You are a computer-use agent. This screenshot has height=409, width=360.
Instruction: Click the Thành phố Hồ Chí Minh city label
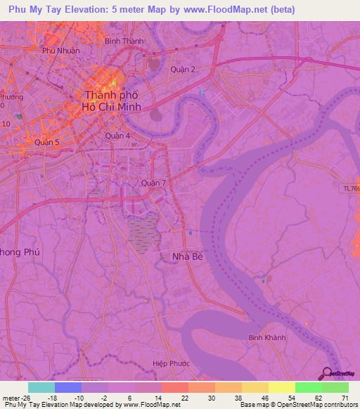click(112, 100)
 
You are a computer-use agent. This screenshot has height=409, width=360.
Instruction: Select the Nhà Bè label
click(188, 257)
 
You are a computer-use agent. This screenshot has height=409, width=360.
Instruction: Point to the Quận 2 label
click(183, 69)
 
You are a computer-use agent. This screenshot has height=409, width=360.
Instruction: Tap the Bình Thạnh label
click(124, 41)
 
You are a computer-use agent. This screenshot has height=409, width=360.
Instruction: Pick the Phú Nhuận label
click(61, 51)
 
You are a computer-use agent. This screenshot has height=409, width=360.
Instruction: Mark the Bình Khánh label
click(267, 338)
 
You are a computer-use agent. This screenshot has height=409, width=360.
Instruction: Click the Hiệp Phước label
click(168, 363)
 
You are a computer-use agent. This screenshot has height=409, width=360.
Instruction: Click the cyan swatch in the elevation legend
click(41, 387)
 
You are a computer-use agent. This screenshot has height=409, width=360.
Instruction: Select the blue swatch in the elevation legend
click(68, 387)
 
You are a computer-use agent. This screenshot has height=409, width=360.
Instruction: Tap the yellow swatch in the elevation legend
click(282, 387)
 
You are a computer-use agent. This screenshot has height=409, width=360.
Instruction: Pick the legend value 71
click(345, 398)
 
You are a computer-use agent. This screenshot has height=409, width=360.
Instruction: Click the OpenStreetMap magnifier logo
click(327, 374)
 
